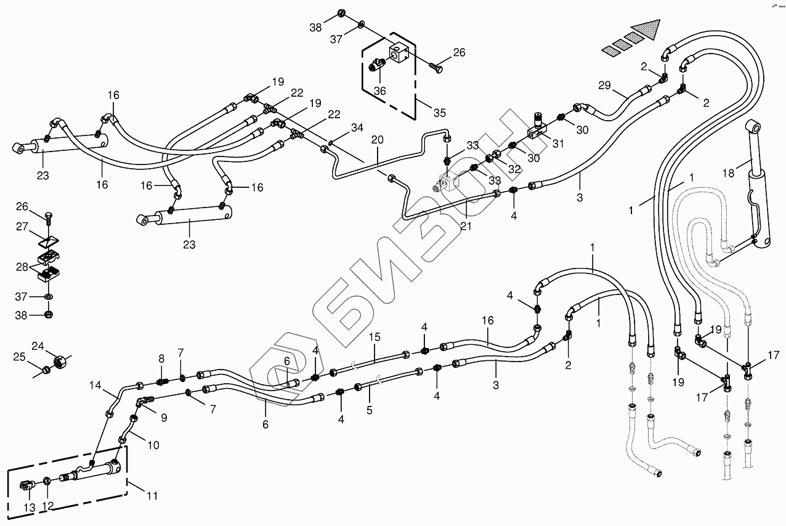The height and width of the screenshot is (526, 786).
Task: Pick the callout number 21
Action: point(466,226)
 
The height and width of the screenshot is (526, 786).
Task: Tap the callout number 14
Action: point(95,386)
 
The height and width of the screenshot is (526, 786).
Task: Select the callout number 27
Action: point(22,227)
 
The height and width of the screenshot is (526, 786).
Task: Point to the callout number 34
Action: point(357,128)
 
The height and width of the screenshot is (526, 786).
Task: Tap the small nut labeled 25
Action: point(46,370)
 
